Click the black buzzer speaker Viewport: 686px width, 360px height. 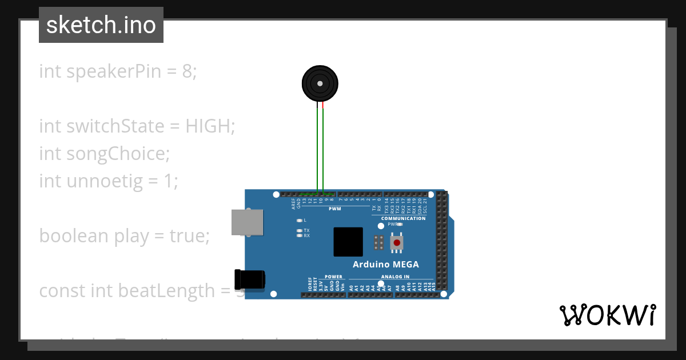(x=320, y=83)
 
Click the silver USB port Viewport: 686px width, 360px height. (x=248, y=222)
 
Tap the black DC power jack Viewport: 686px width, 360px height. (x=250, y=279)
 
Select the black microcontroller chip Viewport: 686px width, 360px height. (x=348, y=242)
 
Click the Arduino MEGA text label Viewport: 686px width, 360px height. (x=385, y=265)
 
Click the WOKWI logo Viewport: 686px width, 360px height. (x=608, y=315)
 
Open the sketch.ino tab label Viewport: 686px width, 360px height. (x=101, y=25)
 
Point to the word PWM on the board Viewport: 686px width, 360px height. (x=334, y=209)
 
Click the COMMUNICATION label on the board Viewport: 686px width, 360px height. (x=403, y=218)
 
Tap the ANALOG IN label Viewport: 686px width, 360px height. (x=395, y=277)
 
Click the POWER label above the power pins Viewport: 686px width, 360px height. (x=333, y=277)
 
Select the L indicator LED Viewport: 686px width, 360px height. (x=299, y=220)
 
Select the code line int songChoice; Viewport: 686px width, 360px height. (x=105, y=154)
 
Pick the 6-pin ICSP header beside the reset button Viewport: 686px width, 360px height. (x=378, y=242)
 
